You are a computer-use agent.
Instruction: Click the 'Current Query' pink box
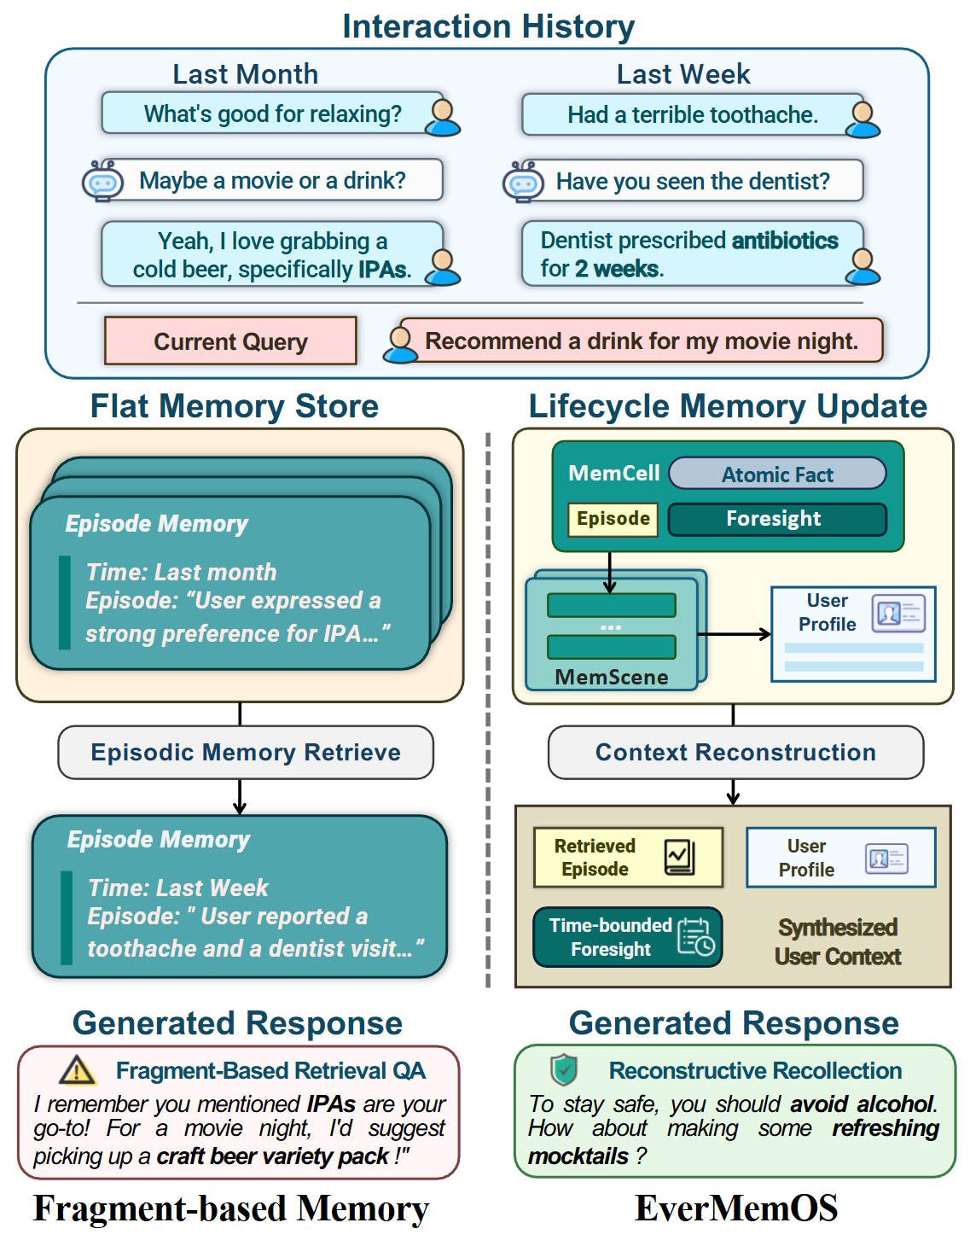(x=230, y=341)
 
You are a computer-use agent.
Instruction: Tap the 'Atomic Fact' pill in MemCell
(x=777, y=474)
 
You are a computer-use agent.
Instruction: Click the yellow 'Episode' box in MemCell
(x=613, y=519)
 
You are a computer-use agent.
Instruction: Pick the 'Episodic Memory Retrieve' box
(x=246, y=752)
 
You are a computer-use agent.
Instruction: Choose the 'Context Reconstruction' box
(x=735, y=752)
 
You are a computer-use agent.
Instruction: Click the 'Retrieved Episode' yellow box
(x=628, y=858)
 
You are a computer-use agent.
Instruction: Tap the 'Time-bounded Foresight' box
(x=628, y=937)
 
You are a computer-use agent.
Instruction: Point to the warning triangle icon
(x=78, y=1069)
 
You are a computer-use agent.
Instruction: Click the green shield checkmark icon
(x=563, y=1068)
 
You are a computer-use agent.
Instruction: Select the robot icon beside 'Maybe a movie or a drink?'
(x=102, y=181)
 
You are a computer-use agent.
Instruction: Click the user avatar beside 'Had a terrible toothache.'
(x=863, y=119)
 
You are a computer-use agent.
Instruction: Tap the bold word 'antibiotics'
(x=785, y=241)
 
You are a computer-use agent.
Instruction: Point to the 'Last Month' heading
(x=245, y=74)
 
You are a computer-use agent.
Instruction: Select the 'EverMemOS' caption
(x=735, y=1208)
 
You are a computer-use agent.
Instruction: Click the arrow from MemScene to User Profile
(x=734, y=634)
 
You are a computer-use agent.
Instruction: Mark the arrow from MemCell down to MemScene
(x=609, y=572)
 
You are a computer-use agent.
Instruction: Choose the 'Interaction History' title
(x=488, y=26)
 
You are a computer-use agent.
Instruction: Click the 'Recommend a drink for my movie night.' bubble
(x=642, y=341)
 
